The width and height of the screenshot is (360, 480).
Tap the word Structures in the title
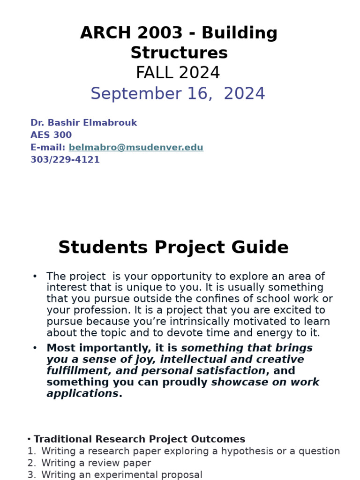pyautogui.click(x=179, y=53)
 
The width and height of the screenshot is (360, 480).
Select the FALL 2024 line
pyautogui.click(x=178, y=73)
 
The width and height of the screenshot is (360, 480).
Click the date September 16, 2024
pyautogui.click(x=178, y=94)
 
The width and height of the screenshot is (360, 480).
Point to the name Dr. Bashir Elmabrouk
pyautogui.click(x=83, y=123)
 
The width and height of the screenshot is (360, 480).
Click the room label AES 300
pyautogui.click(x=51, y=135)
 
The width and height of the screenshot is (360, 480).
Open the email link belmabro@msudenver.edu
pyautogui.click(x=136, y=148)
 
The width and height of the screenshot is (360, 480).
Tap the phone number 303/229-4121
pyautogui.click(x=65, y=160)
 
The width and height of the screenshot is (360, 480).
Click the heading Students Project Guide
pyautogui.click(x=173, y=247)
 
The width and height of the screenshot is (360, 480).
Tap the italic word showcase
pyautogui.click(x=239, y=382)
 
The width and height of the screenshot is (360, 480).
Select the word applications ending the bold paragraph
pyautogui.click(x=82, y=393)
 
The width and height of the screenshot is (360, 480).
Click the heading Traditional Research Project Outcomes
pyautogui.click(x=139, y=439)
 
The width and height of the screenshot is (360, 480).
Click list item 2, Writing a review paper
pyautogui.click(x=96, y=463)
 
